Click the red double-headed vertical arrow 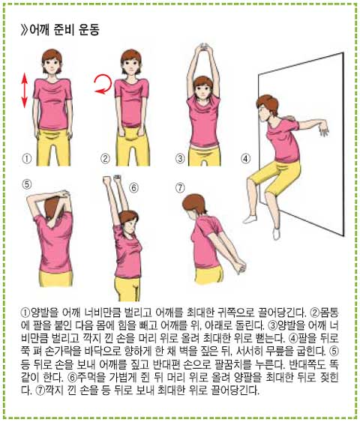tap(25, 90)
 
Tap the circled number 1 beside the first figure tap(26, 158)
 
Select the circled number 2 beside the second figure tap(105, 158)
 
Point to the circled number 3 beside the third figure tap(181, 158)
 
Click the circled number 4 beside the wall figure tap(245, 158)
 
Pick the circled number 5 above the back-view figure tap(26, 184)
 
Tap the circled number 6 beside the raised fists tap(133, 187)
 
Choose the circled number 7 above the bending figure tap(181, 187)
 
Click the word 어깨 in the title tap(39, 29)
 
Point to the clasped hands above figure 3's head tap(203, 48)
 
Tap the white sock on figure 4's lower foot tap(276, 234)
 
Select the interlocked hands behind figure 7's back tap(240, 266)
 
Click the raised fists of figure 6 tap(112, 180)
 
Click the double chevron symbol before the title tap(24, 29)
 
